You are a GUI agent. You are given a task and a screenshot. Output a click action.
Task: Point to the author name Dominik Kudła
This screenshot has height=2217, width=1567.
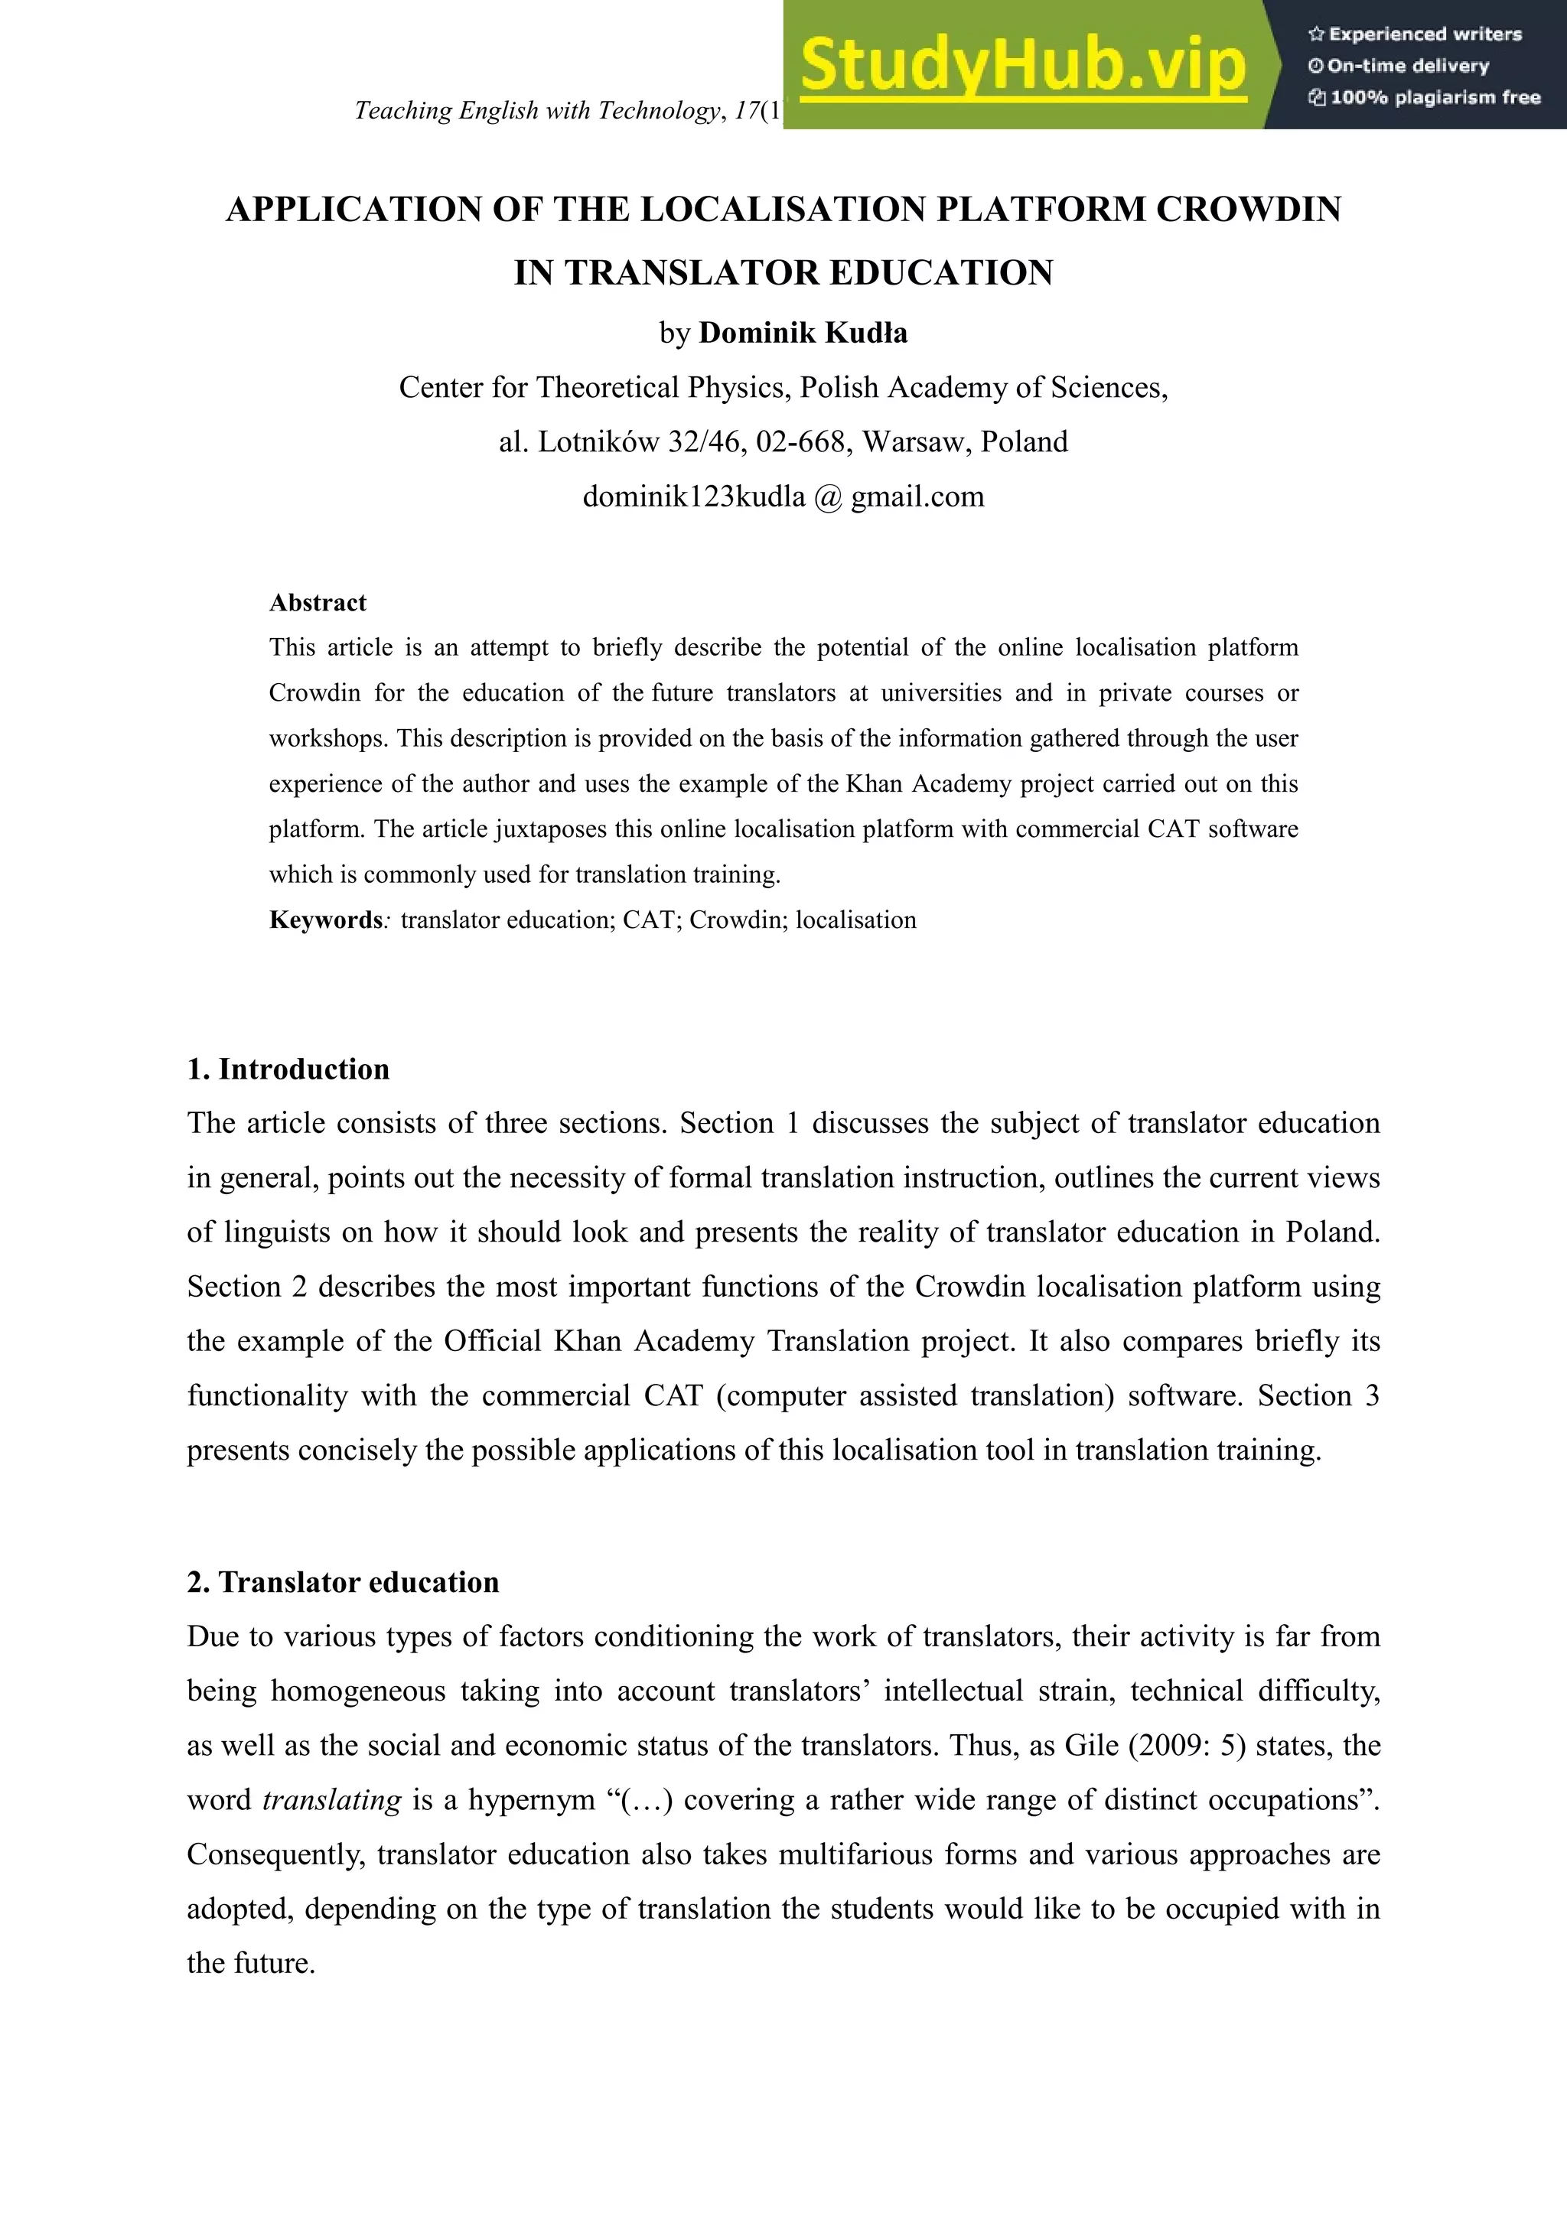(x=803, y=333)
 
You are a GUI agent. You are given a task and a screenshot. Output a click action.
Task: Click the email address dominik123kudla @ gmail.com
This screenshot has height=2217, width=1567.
(x=783, y=496)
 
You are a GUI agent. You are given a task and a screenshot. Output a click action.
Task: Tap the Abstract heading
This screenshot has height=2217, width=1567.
(x=318, y=603)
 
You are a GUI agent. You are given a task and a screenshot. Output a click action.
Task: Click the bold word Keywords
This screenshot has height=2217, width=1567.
(x=325, y=920)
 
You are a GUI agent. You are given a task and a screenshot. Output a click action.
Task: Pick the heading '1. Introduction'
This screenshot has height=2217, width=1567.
(x=288, y=1069)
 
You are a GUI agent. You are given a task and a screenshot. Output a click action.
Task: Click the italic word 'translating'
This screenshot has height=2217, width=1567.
(x=331, y=1800)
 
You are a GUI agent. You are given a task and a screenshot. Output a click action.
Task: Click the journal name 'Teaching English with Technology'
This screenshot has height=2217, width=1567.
(x=537, y=111)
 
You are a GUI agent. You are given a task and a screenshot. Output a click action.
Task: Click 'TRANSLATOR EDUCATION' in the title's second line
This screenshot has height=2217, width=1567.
(x=809, y=273)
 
